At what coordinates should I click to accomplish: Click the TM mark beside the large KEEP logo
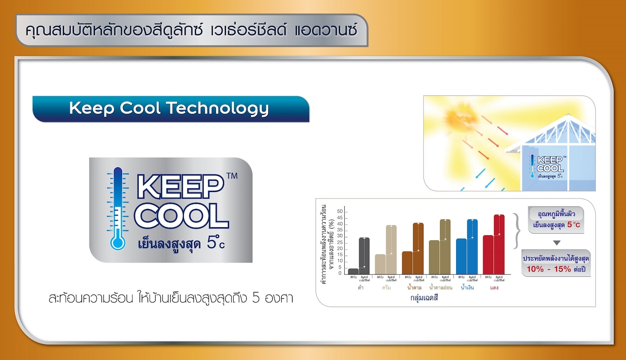click(232, 176)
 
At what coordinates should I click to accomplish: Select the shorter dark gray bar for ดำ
click(353, 271)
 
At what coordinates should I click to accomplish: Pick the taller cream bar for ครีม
click(391, 250)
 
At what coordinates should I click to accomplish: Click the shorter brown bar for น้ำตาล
click(407, 263)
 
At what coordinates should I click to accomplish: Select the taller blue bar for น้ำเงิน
click(472, 247)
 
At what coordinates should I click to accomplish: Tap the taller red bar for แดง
click(499, 244)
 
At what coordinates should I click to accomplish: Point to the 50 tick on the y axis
click(339, 212)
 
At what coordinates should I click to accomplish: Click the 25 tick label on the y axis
click(339, 242)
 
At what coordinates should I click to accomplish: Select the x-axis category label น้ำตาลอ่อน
click(440, 288)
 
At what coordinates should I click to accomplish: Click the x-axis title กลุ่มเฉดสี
click(423, 297)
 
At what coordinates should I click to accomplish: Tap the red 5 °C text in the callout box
click(573, 224)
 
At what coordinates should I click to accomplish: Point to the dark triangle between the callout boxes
click(556, 243)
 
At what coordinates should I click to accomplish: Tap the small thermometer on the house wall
click(532, 166)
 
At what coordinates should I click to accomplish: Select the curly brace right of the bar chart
click(516, 230)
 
